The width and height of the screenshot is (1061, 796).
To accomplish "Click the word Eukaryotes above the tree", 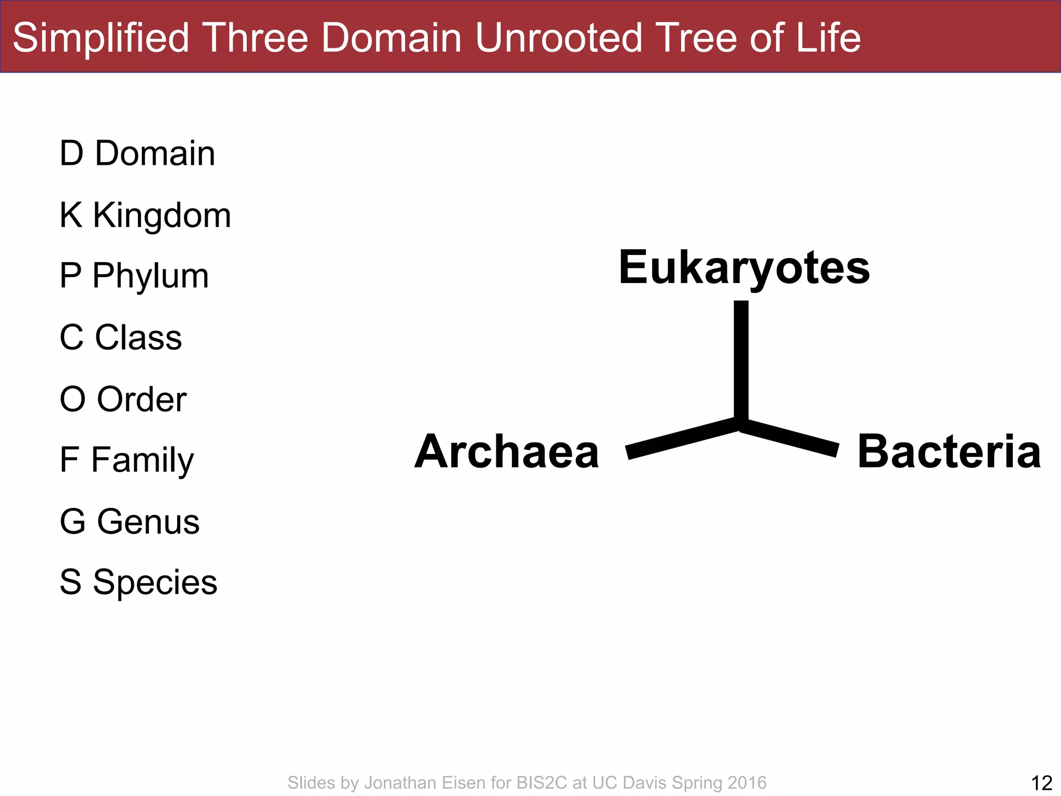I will point(744,267).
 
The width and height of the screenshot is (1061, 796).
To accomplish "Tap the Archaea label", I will point(507,452).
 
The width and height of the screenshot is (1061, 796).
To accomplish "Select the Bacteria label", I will point(949,452).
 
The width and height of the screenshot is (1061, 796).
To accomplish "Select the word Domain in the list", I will point(154,153).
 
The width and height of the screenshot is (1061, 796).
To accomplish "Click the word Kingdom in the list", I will point(162,215).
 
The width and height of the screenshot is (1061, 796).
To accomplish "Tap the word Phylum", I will point(150,276).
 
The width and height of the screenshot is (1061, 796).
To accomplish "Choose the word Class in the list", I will point(138,337).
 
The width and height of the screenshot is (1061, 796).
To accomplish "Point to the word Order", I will point(141,399).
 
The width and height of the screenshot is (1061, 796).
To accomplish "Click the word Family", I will point(142,460).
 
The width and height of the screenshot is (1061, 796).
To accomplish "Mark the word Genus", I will point(148,521).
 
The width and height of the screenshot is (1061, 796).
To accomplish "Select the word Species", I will point(154,582).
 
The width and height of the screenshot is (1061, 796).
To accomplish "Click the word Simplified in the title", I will point(101,38).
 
